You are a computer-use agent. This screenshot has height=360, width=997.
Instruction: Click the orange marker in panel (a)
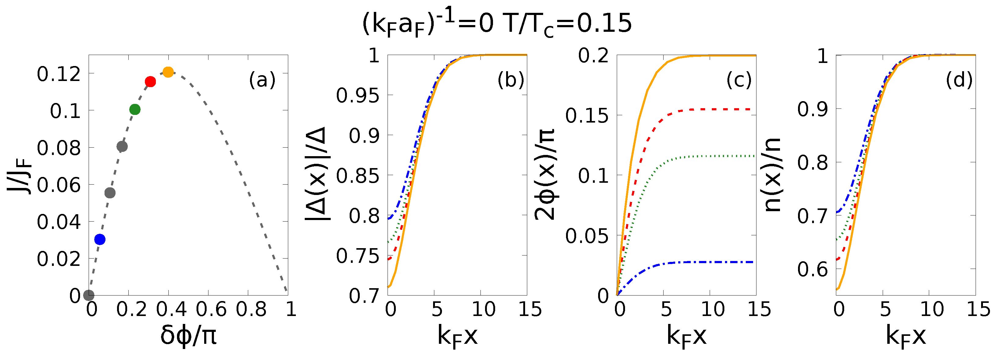click(168, 72)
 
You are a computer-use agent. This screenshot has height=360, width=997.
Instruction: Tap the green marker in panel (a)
click(135, 109)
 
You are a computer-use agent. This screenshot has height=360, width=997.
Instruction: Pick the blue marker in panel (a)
click(100, 240)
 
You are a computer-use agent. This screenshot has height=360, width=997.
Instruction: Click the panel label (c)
click(739, 80)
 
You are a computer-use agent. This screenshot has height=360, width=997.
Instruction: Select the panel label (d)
click(959, 80)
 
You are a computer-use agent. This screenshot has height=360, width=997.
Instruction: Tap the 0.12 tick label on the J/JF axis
click(59, 74)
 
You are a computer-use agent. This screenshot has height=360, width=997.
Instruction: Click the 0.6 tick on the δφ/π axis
click(211, 309)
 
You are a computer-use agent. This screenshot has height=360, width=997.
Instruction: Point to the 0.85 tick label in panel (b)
click(358, 176)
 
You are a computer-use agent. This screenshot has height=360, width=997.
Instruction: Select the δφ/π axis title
click(189, 335)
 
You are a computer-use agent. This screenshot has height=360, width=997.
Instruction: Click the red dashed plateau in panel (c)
click(716, 109)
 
